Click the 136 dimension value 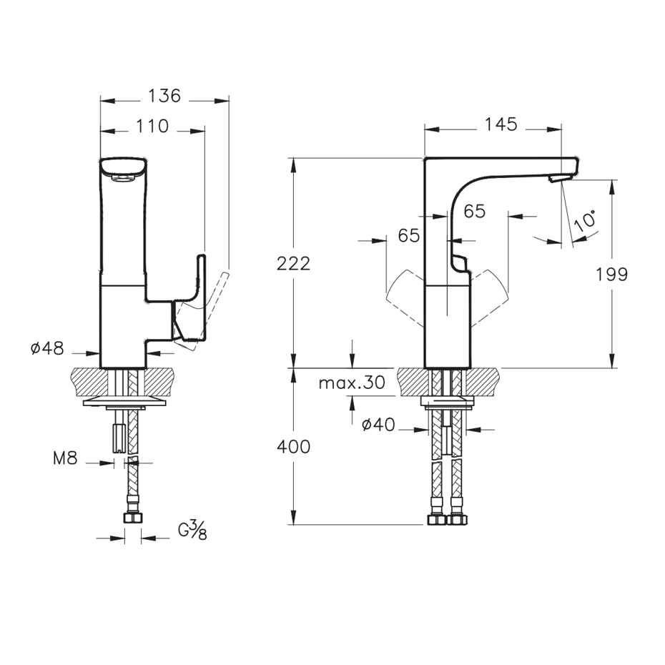[164, 96]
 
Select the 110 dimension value [152, 126]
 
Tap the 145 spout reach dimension [501, 124]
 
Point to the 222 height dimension [293, 263]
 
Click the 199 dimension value [611, 275]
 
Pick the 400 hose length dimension [293, 447]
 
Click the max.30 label [352, 383]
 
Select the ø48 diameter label [47, 349]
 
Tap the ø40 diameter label [378, 424]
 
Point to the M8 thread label [65, 458]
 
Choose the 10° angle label [585, 220]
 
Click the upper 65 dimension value [474, 211]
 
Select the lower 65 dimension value [409, 235]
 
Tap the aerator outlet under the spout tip [556, 179]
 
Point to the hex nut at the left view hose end [133, 518]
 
